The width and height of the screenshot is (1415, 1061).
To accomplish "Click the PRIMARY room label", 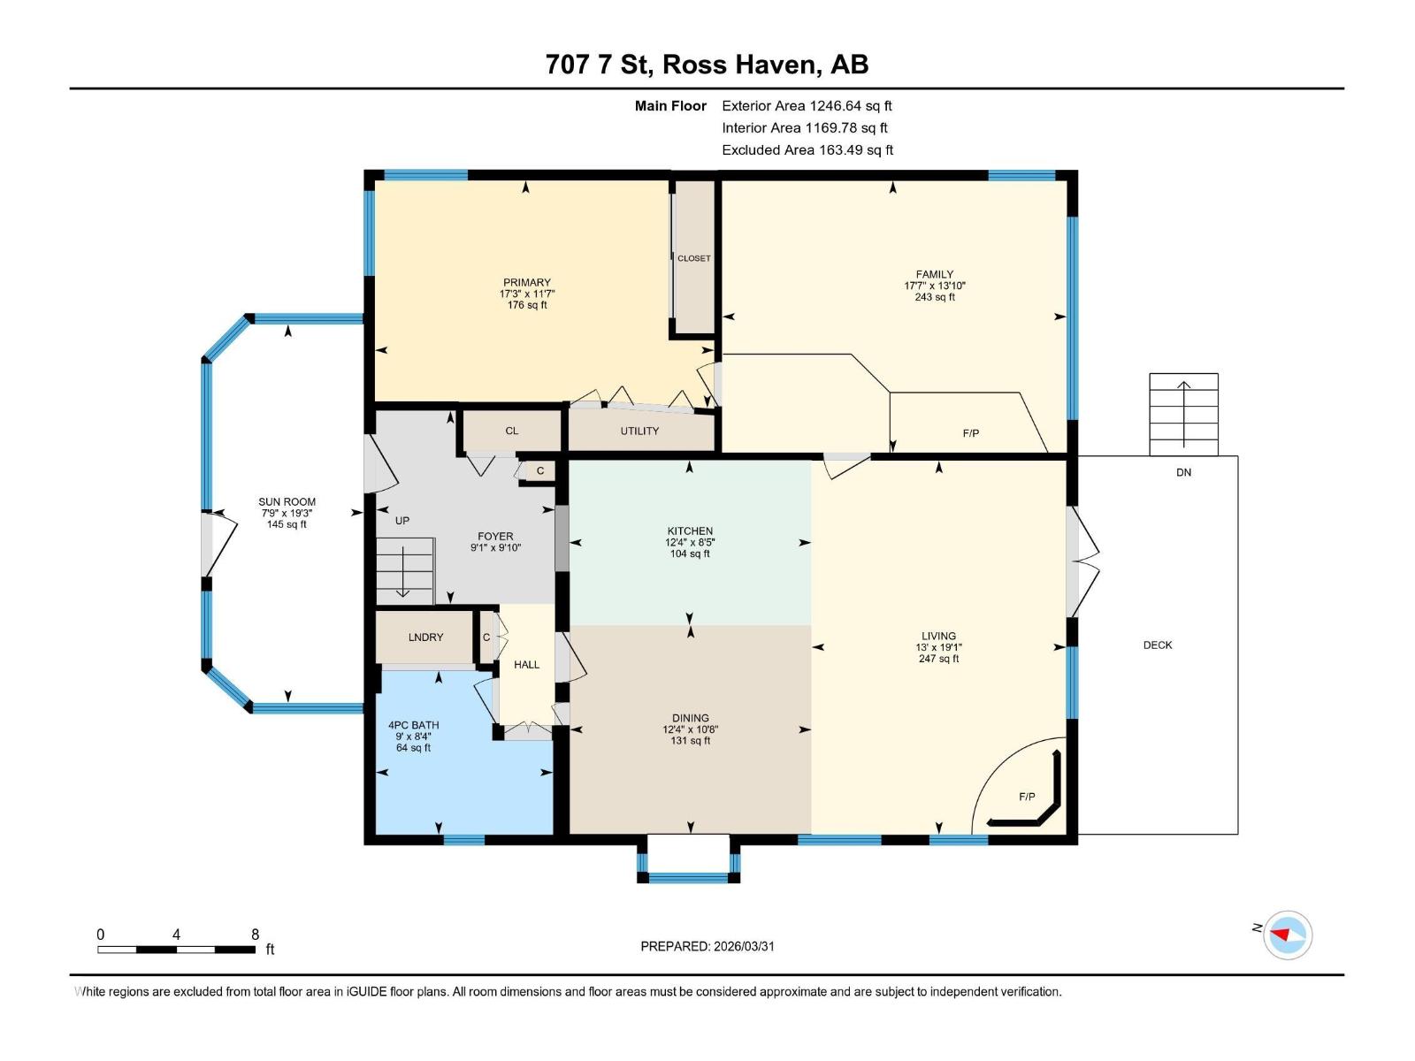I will (x=527, y=283).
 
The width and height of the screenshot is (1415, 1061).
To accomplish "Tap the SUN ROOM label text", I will (x=287, y=501).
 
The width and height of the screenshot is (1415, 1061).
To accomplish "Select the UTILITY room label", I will (x=639, y=431).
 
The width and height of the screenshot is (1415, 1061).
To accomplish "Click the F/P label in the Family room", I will (x=971, y=433).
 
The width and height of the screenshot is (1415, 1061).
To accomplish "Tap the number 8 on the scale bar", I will (x=255, y=935).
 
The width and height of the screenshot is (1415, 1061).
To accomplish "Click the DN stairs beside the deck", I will (x=1183, y=414).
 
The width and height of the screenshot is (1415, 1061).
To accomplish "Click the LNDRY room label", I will (x=425, y=637).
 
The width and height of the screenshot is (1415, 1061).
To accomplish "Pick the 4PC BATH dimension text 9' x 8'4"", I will (x=413, y=737).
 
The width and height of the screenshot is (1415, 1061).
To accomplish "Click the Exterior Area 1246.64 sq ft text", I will (x=807, y=105).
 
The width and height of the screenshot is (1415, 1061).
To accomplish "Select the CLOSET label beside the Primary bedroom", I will (x=694, y=258).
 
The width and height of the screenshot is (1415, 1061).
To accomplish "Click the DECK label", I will (x=1157, y=645).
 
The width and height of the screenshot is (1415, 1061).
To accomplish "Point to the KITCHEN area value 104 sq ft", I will (x=690, y=554).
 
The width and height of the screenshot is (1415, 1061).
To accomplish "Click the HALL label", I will (x=526, y=665).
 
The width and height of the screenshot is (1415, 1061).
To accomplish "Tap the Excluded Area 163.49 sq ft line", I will (x=807, y=150).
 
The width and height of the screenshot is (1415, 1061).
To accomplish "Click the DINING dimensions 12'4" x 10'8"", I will (x=690, y=729).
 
